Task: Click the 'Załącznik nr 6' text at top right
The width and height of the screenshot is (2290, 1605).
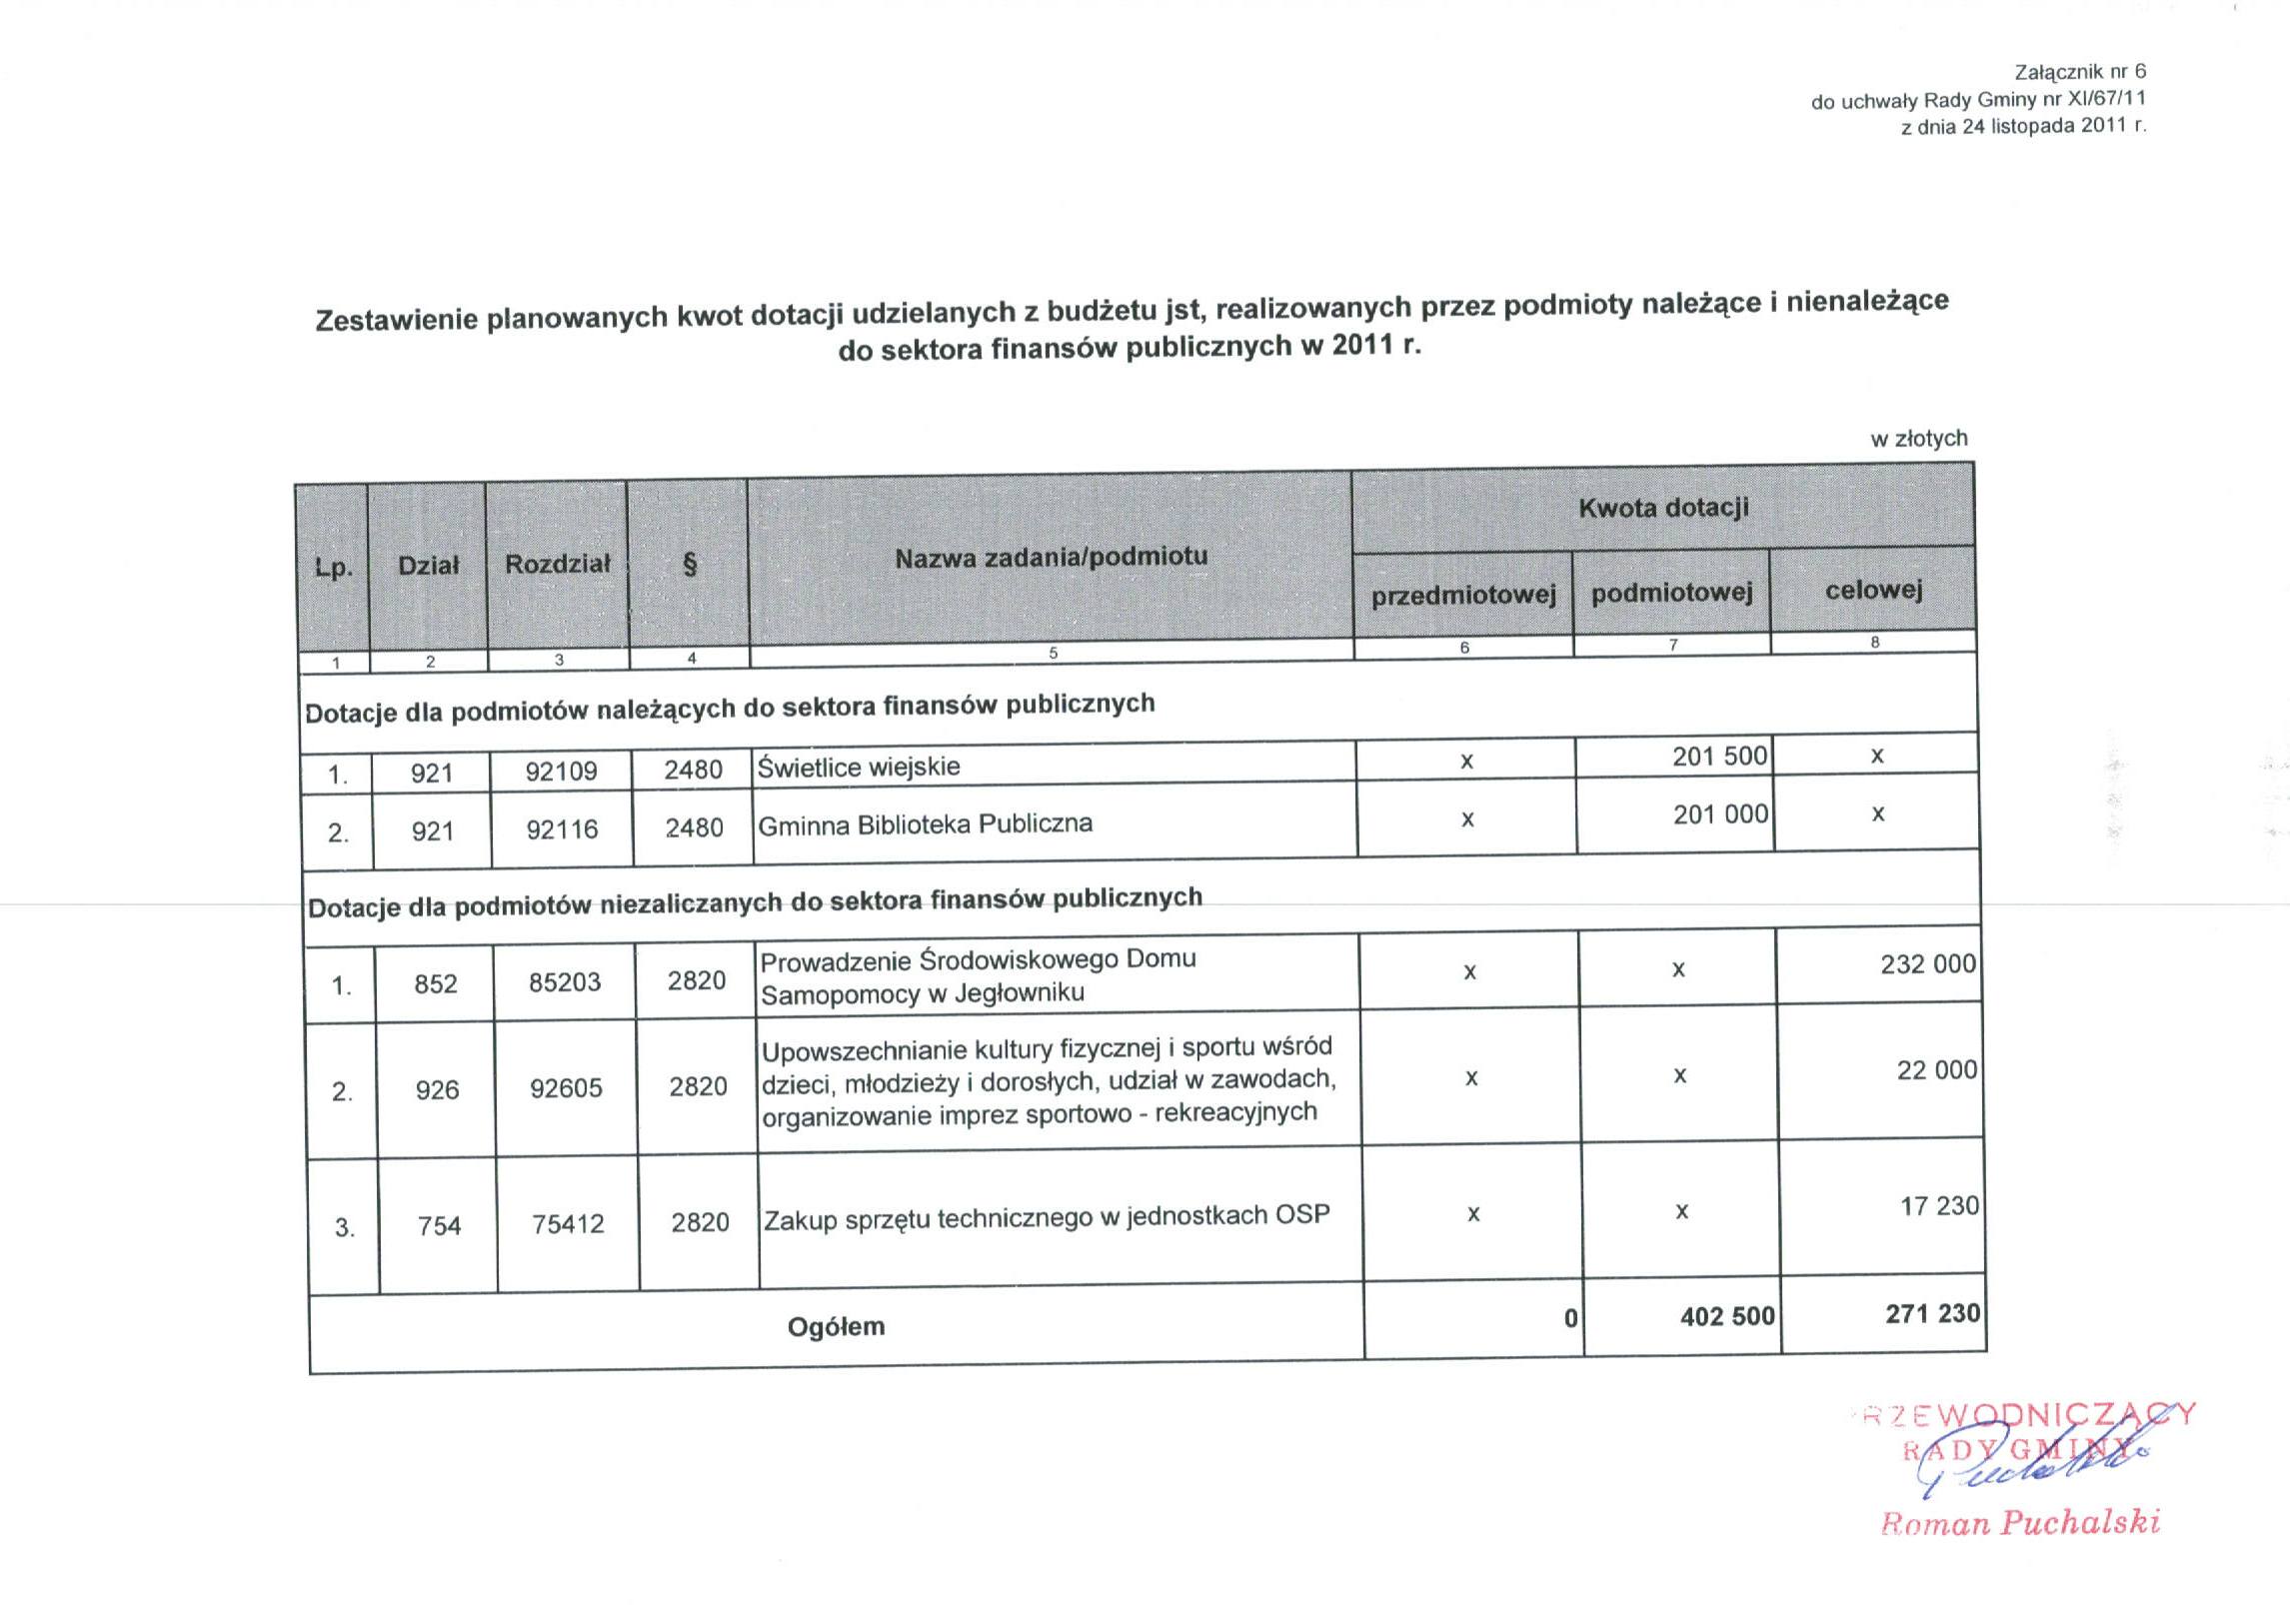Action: coord(2080,72)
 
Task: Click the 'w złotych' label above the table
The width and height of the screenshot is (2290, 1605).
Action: coord(1918,438)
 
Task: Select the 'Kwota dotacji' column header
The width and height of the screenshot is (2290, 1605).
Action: coord(1663,508)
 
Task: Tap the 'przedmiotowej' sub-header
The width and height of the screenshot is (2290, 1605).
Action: coord(1463,596)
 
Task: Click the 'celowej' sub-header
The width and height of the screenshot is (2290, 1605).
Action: coord(1873,590)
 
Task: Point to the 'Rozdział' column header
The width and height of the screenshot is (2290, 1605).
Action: coord(557,564)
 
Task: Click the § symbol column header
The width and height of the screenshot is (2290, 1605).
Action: coord(689,564)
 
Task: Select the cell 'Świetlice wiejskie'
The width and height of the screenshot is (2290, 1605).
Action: coord(859,767)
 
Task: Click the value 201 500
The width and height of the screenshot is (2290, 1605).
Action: coord(1719,757)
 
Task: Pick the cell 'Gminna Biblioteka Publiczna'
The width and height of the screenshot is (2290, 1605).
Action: coord(925,824)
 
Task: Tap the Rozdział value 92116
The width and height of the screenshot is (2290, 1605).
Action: coord(562,829)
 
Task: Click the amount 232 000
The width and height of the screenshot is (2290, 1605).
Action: coord(1927,964)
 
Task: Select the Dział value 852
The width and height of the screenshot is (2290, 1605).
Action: coord(436,983)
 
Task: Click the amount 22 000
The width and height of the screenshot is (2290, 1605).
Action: coord(1936,1070)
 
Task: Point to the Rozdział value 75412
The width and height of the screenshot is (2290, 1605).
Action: coord(568,1224)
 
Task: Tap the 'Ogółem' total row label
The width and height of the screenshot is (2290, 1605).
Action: coord(836,1327)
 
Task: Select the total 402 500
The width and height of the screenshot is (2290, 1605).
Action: coord(1726,1316)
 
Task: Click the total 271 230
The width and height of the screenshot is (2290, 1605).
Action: coord(1932,1313)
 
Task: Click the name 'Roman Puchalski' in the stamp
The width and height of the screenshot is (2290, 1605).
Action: coord(2020,1522)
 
